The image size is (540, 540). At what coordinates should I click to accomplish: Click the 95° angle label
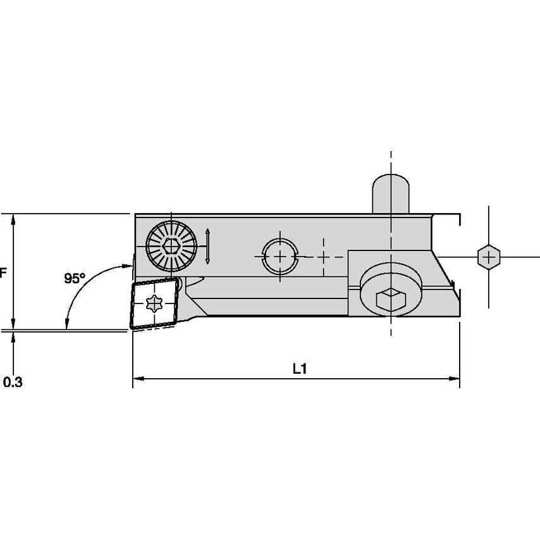pyautogui.click(x=75, y=278)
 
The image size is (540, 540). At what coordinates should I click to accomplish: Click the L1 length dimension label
pyautogui.click(x=300, y=369)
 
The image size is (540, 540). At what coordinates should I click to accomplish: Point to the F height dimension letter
pyautogui.click(x=3, y=273)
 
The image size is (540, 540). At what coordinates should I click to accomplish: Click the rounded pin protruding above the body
pyautogui.click(x=391, y=193)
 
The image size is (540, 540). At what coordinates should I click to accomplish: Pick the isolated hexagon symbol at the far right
pyautogui.click(x=488, y=256)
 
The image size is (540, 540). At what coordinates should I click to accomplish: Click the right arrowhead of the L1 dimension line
pyautogui.click(x=455, y=379)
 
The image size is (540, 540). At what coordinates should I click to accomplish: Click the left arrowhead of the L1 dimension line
pyautogui.click(x=137, y=379)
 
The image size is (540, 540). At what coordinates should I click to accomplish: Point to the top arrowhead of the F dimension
pyautogui.click(x=13, y=218)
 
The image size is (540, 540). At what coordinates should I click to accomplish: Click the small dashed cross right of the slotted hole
pyautogui.click(x=323, y=257)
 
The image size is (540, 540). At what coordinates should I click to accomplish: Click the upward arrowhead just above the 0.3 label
pyautogui.click(x=13, y=336)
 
